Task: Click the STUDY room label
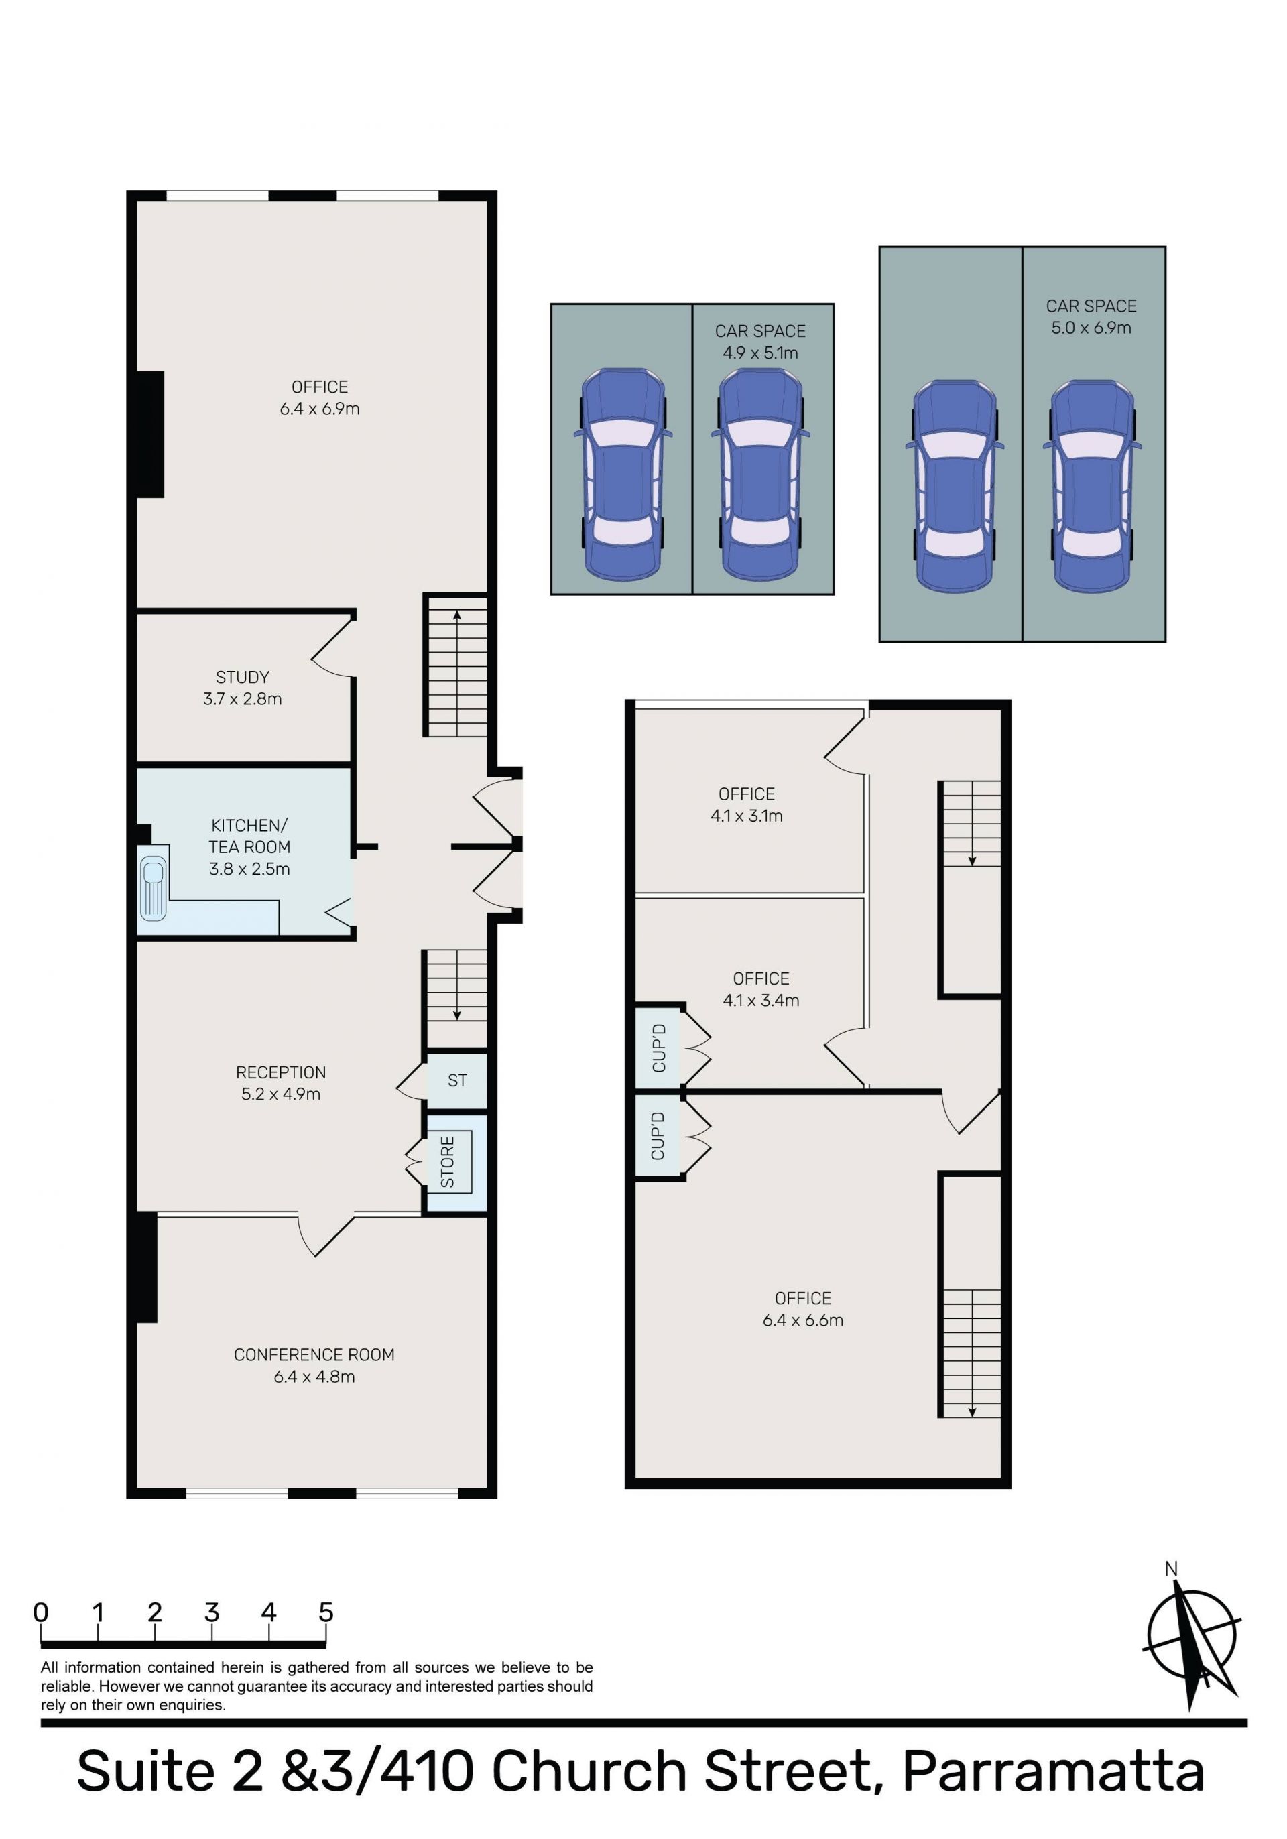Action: click(x=242, y=687)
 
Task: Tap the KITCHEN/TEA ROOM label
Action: click(x=249, y=846)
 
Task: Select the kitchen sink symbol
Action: click(x=153, y=887)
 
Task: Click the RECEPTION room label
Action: click(x=280, y=1083)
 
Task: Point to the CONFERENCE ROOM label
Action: click(x=314, y=1366)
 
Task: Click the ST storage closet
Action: click(x=456, y=1080)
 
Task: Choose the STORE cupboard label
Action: click(x=448, y=1161)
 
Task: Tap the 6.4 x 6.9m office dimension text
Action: click(x=320, y=409)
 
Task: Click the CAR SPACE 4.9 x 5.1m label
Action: click(x=760, y=341)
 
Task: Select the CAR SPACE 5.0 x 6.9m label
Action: click(x=1091, y=316)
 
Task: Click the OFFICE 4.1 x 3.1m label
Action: click(x=747, y=804)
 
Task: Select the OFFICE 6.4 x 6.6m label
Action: click(x=802, y=1309)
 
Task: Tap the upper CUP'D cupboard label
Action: click(x=659, y=1048)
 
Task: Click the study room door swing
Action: click(x=332, y=648)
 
